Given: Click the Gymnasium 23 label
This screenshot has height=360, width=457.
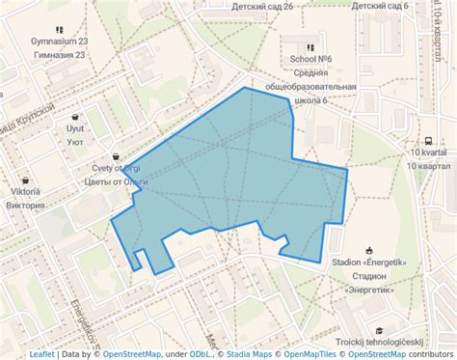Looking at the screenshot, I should pos(60,42).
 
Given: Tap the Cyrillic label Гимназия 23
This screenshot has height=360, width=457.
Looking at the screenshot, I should pos(60,55).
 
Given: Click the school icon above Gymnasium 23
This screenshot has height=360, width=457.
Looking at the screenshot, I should pos(60,29).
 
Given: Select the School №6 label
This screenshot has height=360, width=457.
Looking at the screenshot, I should pos(310,59).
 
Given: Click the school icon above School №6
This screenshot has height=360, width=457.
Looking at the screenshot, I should pos(310,46).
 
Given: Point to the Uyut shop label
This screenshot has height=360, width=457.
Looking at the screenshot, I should pos(75,128).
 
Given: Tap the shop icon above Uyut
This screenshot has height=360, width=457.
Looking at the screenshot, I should pos(75,116).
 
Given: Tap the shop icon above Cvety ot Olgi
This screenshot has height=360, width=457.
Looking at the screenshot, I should pos(116,155).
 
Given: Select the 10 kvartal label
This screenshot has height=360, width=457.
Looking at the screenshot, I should pos(427,152).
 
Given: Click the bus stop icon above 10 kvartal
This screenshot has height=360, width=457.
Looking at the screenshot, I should pos(427,140).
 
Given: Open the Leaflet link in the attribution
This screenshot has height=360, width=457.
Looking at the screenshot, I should pos(41,354).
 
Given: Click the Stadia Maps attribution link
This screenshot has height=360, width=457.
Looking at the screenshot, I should pos(249,354).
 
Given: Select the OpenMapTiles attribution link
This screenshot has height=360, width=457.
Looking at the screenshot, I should pos(311,354).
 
